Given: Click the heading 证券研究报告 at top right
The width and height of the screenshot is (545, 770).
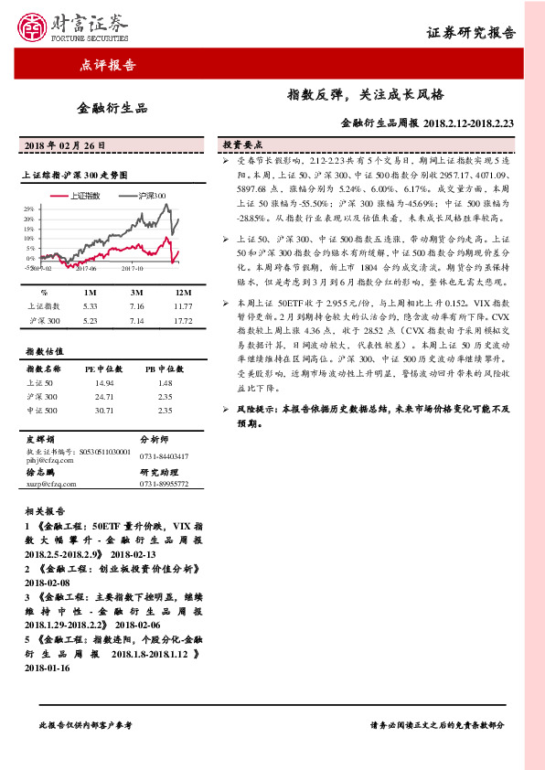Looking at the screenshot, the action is (x=472, y=33).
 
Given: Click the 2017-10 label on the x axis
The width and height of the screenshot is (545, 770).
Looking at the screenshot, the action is (x=134, y=269).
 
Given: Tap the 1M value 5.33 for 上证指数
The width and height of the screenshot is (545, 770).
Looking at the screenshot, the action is (x=90, y=306).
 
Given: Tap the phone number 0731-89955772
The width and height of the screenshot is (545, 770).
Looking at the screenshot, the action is (x=164, y=483).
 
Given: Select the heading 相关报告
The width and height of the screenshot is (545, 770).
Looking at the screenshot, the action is (x=42, y=511).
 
